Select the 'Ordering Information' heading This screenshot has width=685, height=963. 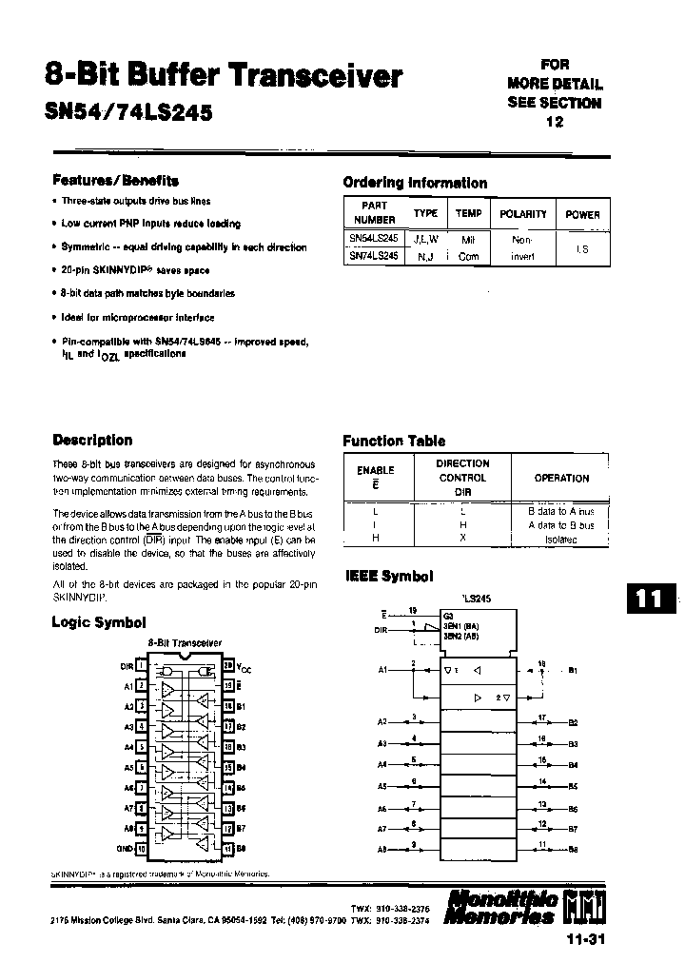(x=414, y=183)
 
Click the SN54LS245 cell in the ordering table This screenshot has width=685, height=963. (x=374, y=240)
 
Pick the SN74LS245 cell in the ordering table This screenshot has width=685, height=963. (x=374, y=256)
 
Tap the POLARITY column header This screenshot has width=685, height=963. (x=523, y=214)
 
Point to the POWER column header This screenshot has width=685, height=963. (x=582, y=214)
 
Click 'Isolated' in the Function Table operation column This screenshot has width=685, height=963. (x=561, y=540)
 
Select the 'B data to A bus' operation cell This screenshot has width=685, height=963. (x=561, y=511)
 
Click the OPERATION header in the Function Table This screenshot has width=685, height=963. (x=561, y=479)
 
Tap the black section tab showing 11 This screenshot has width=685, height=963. (x=650, y=599)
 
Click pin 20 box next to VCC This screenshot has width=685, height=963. (x=227, y=666)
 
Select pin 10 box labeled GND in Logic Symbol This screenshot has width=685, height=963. (x=142, y=846)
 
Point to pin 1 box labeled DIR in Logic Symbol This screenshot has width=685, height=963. (x=142, y=666)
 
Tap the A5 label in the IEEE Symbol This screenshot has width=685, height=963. (x=382, y=787)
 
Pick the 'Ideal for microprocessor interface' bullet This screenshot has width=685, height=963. (x=138, y=318)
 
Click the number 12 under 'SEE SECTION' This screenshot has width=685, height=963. (x=555, y=122)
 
